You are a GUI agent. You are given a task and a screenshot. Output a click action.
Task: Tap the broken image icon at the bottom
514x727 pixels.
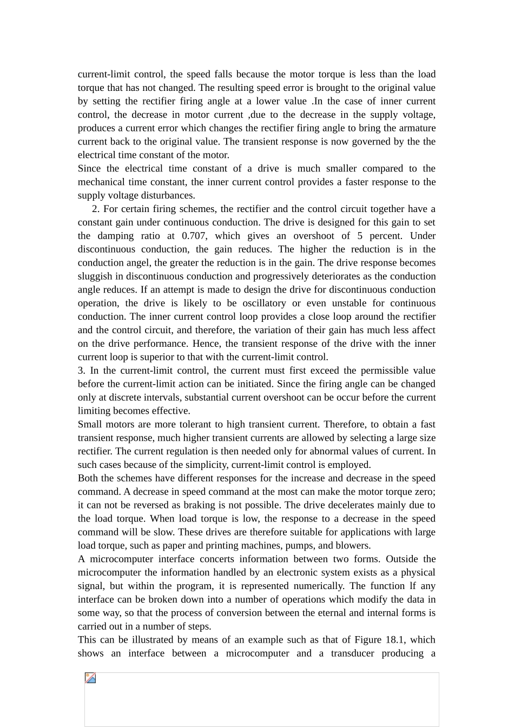(x=90, y=678)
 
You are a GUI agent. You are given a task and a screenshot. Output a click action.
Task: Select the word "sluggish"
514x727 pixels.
(x=96, y=276)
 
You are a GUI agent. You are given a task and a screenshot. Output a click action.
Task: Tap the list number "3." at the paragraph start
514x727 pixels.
(x=82, y=371)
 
